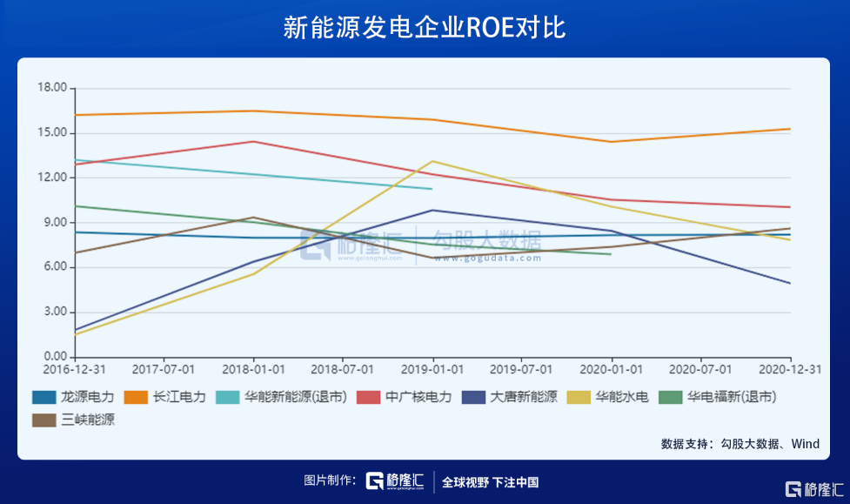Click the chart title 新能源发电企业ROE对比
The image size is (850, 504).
[425, 28]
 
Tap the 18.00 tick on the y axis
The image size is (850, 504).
[51, 88]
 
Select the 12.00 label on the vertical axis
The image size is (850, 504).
[51, 178]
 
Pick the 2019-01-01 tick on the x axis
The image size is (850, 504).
[432, 370]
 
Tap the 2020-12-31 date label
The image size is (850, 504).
[791, 370]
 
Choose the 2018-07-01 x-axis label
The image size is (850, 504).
[343, 370]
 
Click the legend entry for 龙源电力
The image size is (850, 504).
[73, 397]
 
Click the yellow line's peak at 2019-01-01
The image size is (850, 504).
[432, 161]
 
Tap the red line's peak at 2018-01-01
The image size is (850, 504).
[253, 141]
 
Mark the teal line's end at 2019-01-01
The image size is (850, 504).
[432, 189]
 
